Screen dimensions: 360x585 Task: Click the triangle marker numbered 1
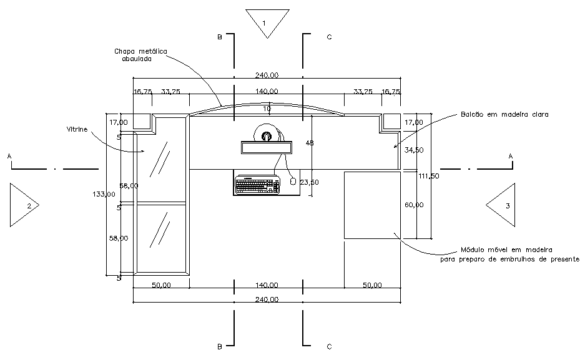point(267,22)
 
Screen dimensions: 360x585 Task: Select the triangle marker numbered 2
point(22,205)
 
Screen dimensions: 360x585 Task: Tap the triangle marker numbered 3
point(502,205)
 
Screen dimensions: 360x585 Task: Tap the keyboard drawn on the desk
point(257,185)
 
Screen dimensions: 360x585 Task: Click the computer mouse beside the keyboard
point(292,181)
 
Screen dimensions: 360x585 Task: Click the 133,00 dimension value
point(103,194)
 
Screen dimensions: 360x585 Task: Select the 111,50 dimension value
point(429,177)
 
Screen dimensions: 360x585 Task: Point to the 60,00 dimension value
point(414,205)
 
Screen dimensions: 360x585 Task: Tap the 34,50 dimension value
point(414,150)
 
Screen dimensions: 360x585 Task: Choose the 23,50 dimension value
point(310,183)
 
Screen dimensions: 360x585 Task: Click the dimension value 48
point(310,143)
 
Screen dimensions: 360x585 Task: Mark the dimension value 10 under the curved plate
point(267,109)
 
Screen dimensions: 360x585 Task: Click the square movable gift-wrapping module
point(372,205)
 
